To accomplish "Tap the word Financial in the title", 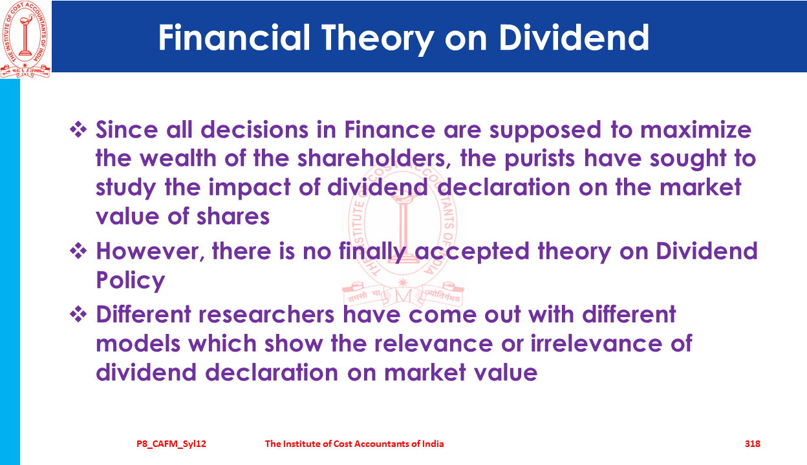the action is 234,37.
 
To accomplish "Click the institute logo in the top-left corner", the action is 25,39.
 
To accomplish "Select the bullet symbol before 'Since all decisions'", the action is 78,130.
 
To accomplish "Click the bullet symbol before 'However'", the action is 78,251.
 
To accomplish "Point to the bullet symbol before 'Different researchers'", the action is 78,315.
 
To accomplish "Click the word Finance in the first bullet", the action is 390,130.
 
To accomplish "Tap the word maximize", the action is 696,130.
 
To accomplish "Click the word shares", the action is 233,216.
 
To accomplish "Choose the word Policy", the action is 131,280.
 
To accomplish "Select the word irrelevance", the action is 596,344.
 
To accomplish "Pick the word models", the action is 138,344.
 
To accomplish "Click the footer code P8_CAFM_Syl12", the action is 171,444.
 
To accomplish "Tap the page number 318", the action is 753,444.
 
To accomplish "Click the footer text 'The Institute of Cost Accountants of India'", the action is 354,444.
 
